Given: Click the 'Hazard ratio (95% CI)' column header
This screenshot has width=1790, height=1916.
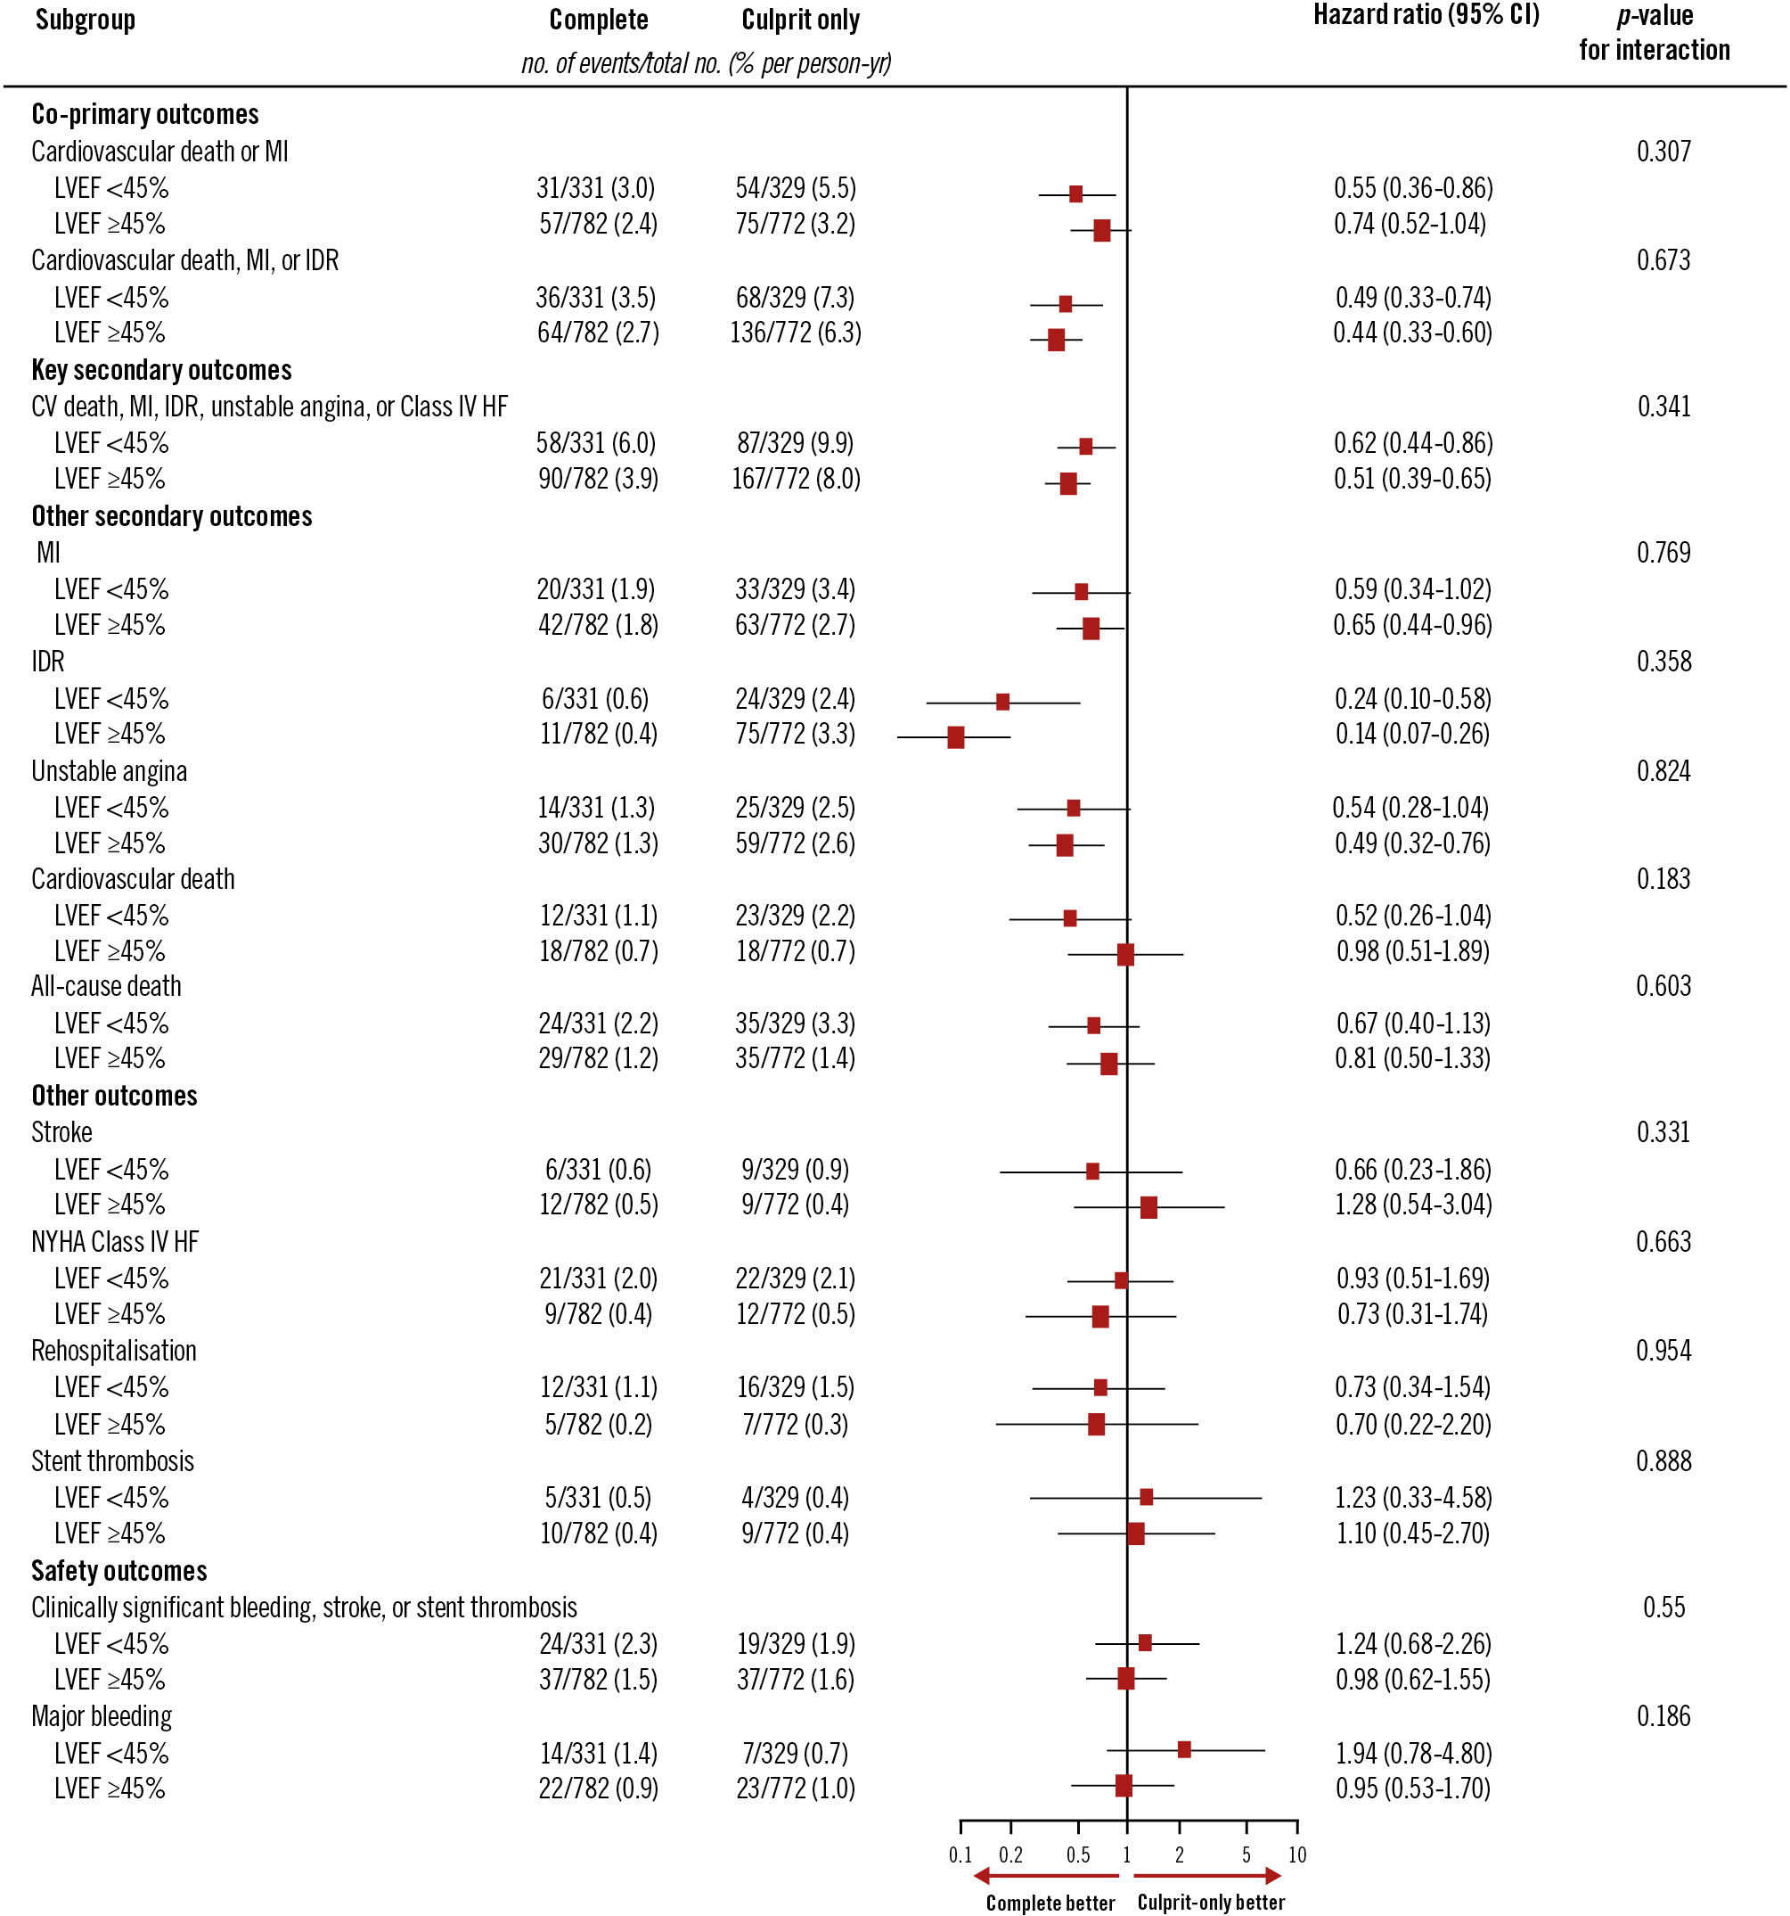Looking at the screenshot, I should click(x=1426, y=16).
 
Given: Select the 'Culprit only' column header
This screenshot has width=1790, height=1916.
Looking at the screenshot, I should click(x=799, y=21).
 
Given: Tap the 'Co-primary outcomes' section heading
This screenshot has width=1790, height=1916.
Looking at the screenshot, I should click(x=144, y=115).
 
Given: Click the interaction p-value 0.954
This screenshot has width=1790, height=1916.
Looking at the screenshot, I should click(x=1663, y=1350).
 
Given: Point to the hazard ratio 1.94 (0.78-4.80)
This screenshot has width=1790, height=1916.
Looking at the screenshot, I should click(x=1413, y=1753).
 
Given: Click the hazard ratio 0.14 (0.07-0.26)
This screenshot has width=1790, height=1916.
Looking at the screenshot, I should click(x=1412, y=735).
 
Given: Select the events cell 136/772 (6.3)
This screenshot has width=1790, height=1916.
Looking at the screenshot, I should click(x=796, y=333).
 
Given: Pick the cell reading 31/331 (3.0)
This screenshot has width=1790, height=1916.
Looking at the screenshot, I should click(x=595, y=188).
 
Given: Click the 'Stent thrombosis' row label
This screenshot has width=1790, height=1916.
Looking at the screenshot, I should click(x=113, y=1461).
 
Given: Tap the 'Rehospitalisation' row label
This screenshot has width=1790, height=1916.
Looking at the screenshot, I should click(x=114, y=1352).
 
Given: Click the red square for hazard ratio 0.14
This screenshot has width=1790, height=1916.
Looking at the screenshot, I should click(x=956, y=738).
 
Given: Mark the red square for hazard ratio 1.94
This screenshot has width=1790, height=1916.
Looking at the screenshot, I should click(x=1184, y=1749).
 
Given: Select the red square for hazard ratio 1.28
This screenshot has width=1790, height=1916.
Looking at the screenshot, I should click(x=1148, y=1207).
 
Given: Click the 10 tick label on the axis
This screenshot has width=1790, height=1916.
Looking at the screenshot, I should click(x=1296, y=1854).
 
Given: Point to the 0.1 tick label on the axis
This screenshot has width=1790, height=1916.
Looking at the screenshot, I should click(x=960, y=1854).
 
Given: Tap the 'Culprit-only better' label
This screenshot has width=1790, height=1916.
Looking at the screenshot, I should click(x=1211, y=1903).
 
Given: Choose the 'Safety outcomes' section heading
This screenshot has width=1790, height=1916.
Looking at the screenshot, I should click(x=119, y=1571).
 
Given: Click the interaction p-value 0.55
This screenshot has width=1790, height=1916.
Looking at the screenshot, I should click(x=1663, y=1607).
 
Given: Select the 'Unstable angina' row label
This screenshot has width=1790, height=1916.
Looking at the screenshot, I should click(x=109, y=771).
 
